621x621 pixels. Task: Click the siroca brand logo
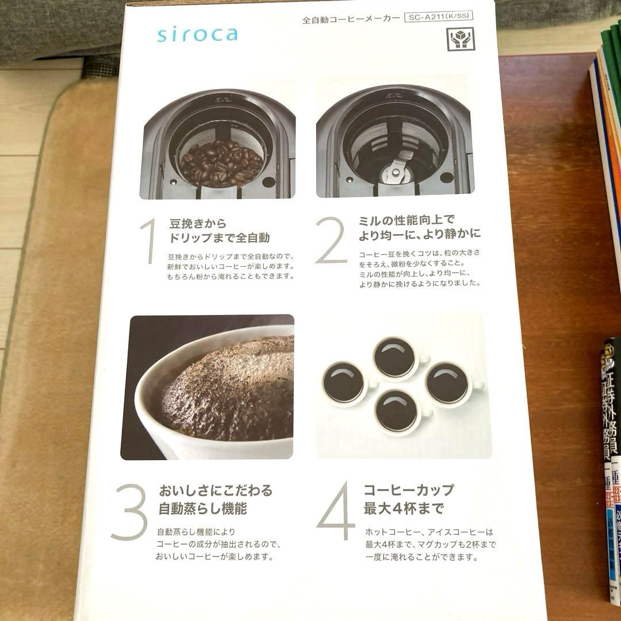coord(197,34)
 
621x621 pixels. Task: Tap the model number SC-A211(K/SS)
coord(438,16)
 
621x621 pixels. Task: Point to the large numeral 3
coord(129,512)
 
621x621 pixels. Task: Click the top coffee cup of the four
coord(396,358)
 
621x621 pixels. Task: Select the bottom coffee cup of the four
coord(397,411)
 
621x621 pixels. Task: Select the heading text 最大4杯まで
coord(404,509)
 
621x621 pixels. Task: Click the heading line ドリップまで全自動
coord(219,237)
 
